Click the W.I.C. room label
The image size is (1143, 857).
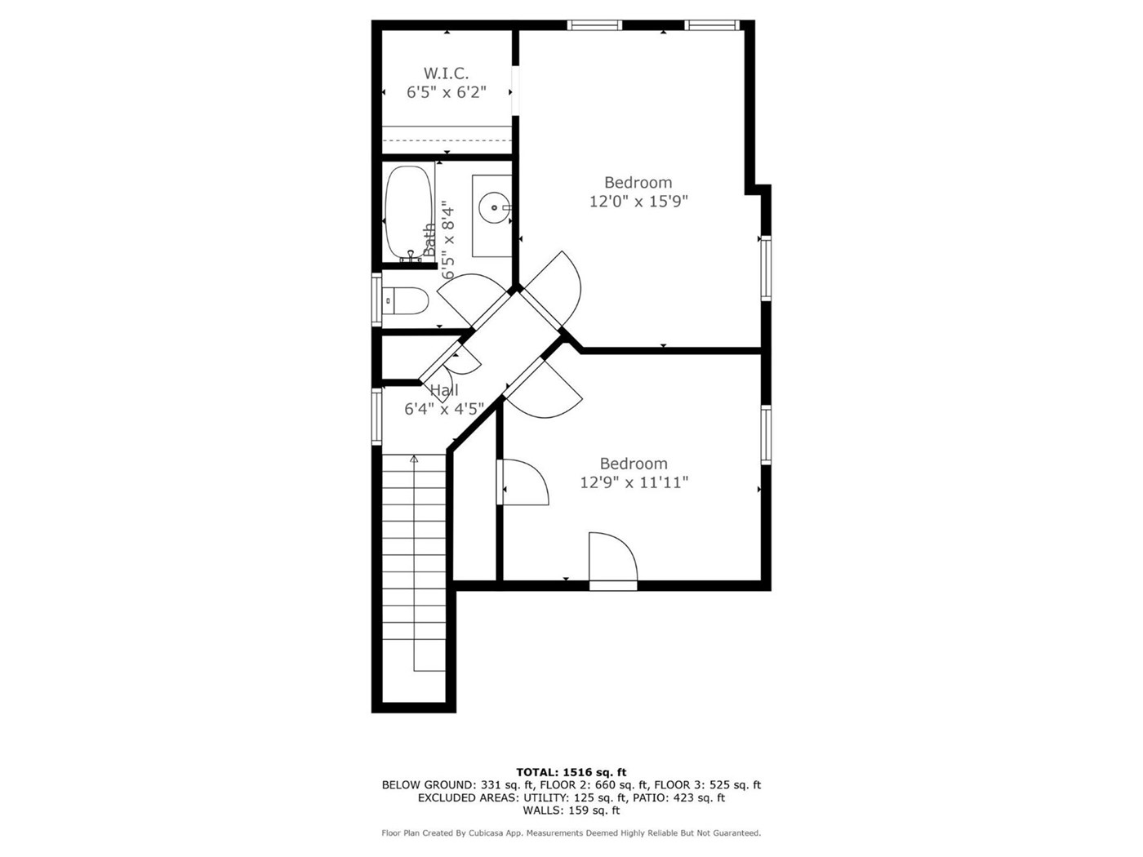[446, 73]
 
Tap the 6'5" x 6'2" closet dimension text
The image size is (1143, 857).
[447, 92]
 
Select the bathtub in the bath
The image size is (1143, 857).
[409, 213]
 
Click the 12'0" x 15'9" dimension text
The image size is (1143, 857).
[638, 201]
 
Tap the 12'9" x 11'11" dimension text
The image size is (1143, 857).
[634, 482]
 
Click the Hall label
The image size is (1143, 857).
[444, 390]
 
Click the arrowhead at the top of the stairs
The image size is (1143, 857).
[414, 459]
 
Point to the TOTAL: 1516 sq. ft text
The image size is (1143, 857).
[571, 772]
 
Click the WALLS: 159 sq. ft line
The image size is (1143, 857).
[571, 810]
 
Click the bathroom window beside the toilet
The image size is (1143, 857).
[376, 300]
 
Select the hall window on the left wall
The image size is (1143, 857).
[376, 416]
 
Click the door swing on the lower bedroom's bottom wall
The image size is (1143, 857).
[613, 562]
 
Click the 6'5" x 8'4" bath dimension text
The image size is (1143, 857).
[448, 243]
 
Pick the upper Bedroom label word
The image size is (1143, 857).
[638, 182]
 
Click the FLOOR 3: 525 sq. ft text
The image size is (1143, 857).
[707, 784]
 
